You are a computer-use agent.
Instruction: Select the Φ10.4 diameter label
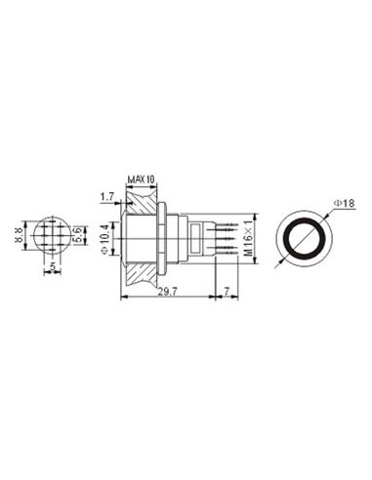(104, 236)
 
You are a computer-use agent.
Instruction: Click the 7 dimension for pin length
(227, 291)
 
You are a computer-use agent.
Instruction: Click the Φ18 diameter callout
(344, 203)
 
